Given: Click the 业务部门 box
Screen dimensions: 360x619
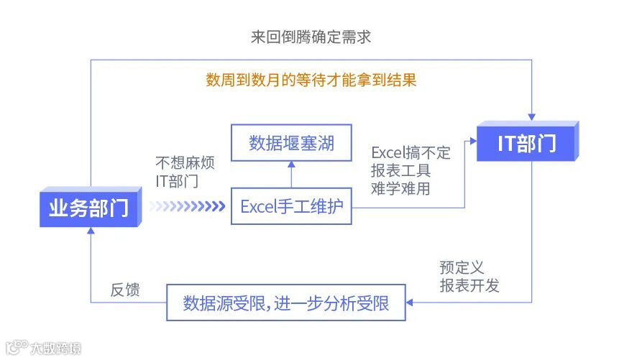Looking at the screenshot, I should tap(89, 208).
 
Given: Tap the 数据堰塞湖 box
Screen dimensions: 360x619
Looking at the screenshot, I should tap(291, 143).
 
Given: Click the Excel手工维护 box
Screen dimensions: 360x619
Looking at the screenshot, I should tap(291, 207).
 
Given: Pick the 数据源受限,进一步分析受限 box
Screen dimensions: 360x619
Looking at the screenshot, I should tap(285, 303).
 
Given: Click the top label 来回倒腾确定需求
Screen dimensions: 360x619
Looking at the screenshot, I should tap(311, 37).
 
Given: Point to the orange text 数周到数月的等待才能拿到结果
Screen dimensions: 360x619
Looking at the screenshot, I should tap(311, 79).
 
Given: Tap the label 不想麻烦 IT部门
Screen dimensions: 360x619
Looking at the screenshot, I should tap(184, 172).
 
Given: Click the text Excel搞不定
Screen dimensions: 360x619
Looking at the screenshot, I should tap(411, 152).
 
